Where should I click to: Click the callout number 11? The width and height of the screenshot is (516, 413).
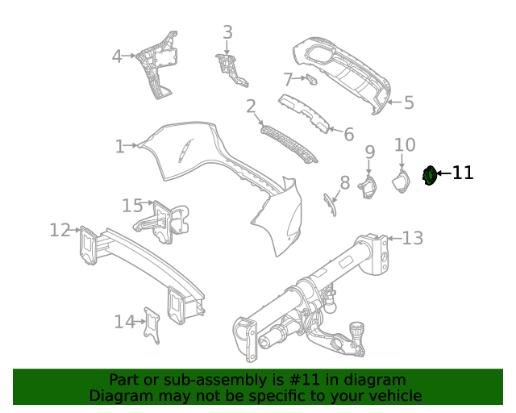(463, 173)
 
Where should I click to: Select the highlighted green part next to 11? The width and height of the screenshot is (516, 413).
(431, 173)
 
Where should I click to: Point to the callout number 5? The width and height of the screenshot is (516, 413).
(409, 102)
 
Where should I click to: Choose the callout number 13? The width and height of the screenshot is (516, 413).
(412, 238)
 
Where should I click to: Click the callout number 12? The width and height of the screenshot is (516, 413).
(60, 230)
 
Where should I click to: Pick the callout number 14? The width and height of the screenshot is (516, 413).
(123, 322)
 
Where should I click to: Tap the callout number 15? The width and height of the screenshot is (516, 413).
(131, 206)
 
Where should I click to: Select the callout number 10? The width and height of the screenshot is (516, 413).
(405, 145)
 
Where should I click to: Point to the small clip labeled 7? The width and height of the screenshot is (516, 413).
(311, 78)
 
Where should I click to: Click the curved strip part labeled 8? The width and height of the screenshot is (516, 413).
(330, 204)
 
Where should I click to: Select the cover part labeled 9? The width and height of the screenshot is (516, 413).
(368, 187)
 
